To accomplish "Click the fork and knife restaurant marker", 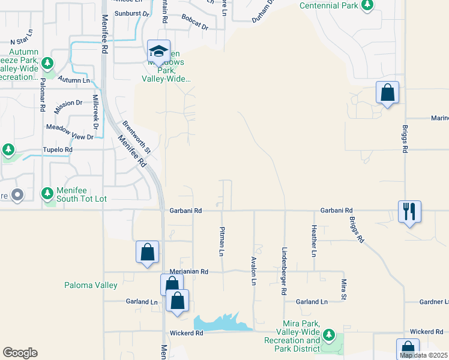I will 409,212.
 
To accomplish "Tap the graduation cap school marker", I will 159,51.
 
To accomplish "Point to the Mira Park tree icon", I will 328,335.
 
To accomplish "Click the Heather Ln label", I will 313,241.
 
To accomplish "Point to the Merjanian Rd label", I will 189,272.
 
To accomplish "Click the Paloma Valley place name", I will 91,286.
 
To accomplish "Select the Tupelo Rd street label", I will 57,149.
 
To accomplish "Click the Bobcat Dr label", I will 195,27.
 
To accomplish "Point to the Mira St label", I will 344,289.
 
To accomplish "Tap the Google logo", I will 20,353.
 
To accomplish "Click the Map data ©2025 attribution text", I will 424,355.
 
